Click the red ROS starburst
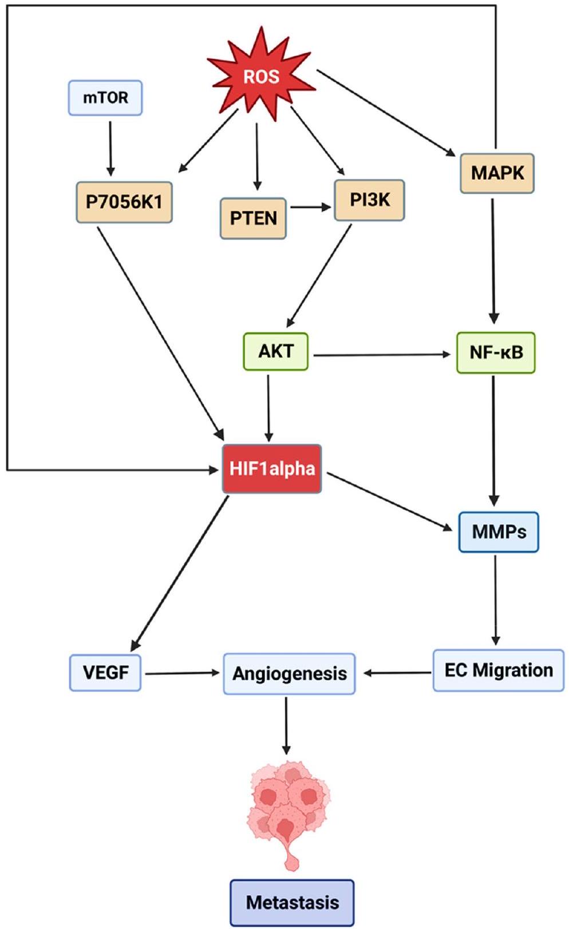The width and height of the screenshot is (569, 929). pyautogui.click(x=261, y=76)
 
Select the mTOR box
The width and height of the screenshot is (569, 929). pyautogui.click(x=105, y=98)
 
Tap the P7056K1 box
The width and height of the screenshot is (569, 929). pyautogui.click(x=124, y=202)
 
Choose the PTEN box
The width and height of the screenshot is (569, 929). pyautogui.click(x=253, y=218)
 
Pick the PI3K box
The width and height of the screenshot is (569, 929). pyautogui.click(x=369, y=200)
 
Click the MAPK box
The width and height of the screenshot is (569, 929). pyautogui.click(x=497, y=172)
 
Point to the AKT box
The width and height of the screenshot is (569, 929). pyautogui.click(x=276, y=351)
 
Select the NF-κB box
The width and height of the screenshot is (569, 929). pyautogui.click(x=496, y=352)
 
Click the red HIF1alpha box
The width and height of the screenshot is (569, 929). pyautogui.click(x=272, y=469)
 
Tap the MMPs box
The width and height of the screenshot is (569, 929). pyautogui.click(x=499, y=532)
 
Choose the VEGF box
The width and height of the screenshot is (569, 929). pyautogui.click(x=105, y=672)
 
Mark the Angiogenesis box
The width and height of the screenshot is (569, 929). pyautogui.click(x=289, y=674)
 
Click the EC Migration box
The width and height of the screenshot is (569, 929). pyautogui.click(x=498, y=670)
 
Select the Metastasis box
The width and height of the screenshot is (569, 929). pyautogui.click(x=292, y=903)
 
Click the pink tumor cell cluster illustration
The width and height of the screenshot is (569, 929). pyautogui.click(x=290, y=802)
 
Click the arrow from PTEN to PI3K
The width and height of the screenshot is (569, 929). pyautogui.click(x=310, y=207)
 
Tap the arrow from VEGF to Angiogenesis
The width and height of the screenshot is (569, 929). pyautogui.click(x=182, y=673)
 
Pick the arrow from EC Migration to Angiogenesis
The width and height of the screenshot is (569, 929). pyautogui.click(x=397, y=672)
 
